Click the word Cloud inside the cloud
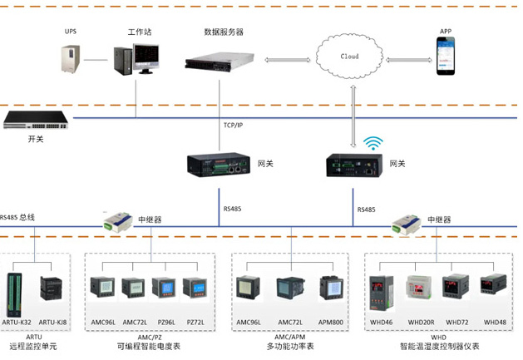pyautogui.click(x=350, y=57)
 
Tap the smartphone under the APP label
pyautogui.click(x=447, y=60)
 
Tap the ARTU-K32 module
pyautogui.click(x=17, y=291)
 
